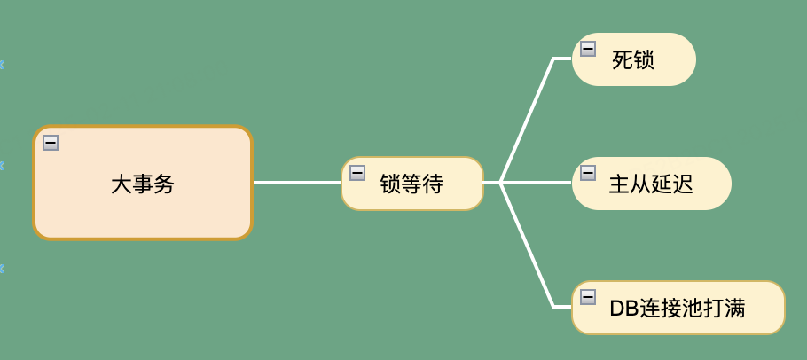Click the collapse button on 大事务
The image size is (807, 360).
click(x=51, y=142)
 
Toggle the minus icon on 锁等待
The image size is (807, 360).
click(x=357, y=173)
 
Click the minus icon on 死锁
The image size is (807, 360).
click(x=588, y=49)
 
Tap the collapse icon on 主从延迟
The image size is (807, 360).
click(x=588, y=173)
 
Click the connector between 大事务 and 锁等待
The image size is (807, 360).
click(x=297, y=183)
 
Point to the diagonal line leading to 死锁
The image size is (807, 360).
click(x=527, y=120)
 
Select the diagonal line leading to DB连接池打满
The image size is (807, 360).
click(x=527, y=246)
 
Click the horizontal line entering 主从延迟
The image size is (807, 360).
click(x=537, y=183)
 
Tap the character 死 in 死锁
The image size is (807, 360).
click(x=623, y=60)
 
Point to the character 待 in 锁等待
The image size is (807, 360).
click(x=432, y=184)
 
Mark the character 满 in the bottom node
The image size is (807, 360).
click(x=733, y=309)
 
